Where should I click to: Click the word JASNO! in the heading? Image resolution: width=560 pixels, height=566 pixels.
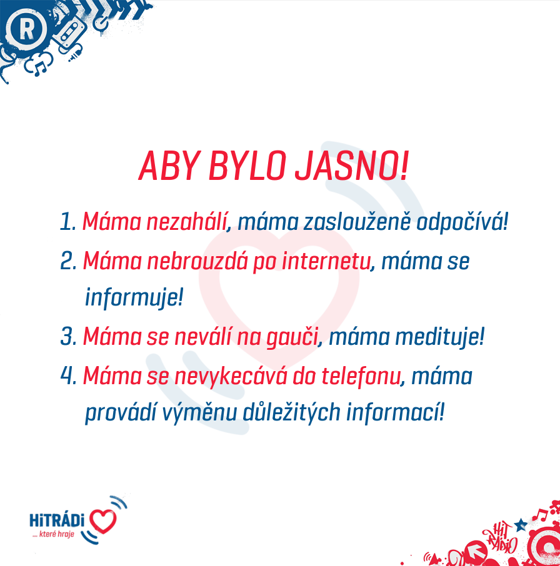tap(352, 166)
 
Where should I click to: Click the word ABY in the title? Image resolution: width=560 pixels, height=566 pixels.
tap(170, 166)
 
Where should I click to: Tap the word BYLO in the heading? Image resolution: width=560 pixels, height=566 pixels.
tap(247, 166)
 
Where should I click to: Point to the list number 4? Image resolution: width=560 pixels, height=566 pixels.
tap(69, 375)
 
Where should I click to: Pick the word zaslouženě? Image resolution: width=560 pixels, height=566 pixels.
tap(357, 222)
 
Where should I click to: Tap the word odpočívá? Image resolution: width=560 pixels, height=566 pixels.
tap(462, 221)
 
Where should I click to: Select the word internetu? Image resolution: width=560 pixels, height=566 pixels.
tap(326, 261)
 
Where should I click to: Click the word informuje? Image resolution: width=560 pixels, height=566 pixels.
tap(134, 297)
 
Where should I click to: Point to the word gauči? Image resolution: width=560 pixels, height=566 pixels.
tap(292, 337)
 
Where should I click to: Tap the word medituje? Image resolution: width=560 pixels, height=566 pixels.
tap(439, 337)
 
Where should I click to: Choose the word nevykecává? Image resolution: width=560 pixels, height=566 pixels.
tap(231, 375)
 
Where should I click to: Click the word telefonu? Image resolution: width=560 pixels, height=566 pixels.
tap(361, 375)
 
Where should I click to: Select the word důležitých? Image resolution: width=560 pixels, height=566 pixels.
tap(291, 412)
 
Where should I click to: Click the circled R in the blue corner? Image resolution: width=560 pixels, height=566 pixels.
tap(26, 29)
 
